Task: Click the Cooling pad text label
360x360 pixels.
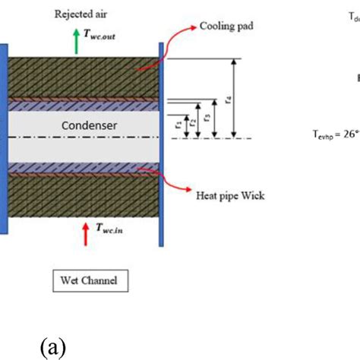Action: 226,26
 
